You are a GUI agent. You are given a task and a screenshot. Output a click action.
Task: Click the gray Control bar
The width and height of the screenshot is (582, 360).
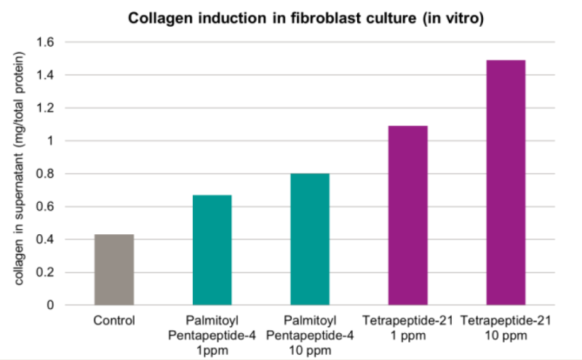pos(114,270)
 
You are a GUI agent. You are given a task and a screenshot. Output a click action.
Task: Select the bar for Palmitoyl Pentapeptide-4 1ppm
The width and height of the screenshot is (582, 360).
pos(212,250)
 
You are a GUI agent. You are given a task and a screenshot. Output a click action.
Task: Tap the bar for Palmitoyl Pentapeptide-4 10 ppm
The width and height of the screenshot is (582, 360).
pos(310,239)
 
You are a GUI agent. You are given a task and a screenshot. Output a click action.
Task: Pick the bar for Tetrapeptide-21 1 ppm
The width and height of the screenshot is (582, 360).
pos(407,215)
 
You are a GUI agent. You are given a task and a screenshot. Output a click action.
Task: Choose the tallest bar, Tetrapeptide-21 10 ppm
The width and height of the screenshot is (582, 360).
pos(505,183)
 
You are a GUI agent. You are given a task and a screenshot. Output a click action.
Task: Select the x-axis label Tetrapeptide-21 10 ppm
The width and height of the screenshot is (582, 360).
pos(505,327)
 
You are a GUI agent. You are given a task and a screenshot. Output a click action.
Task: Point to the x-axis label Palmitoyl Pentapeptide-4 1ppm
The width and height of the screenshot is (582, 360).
pos(212,333)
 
